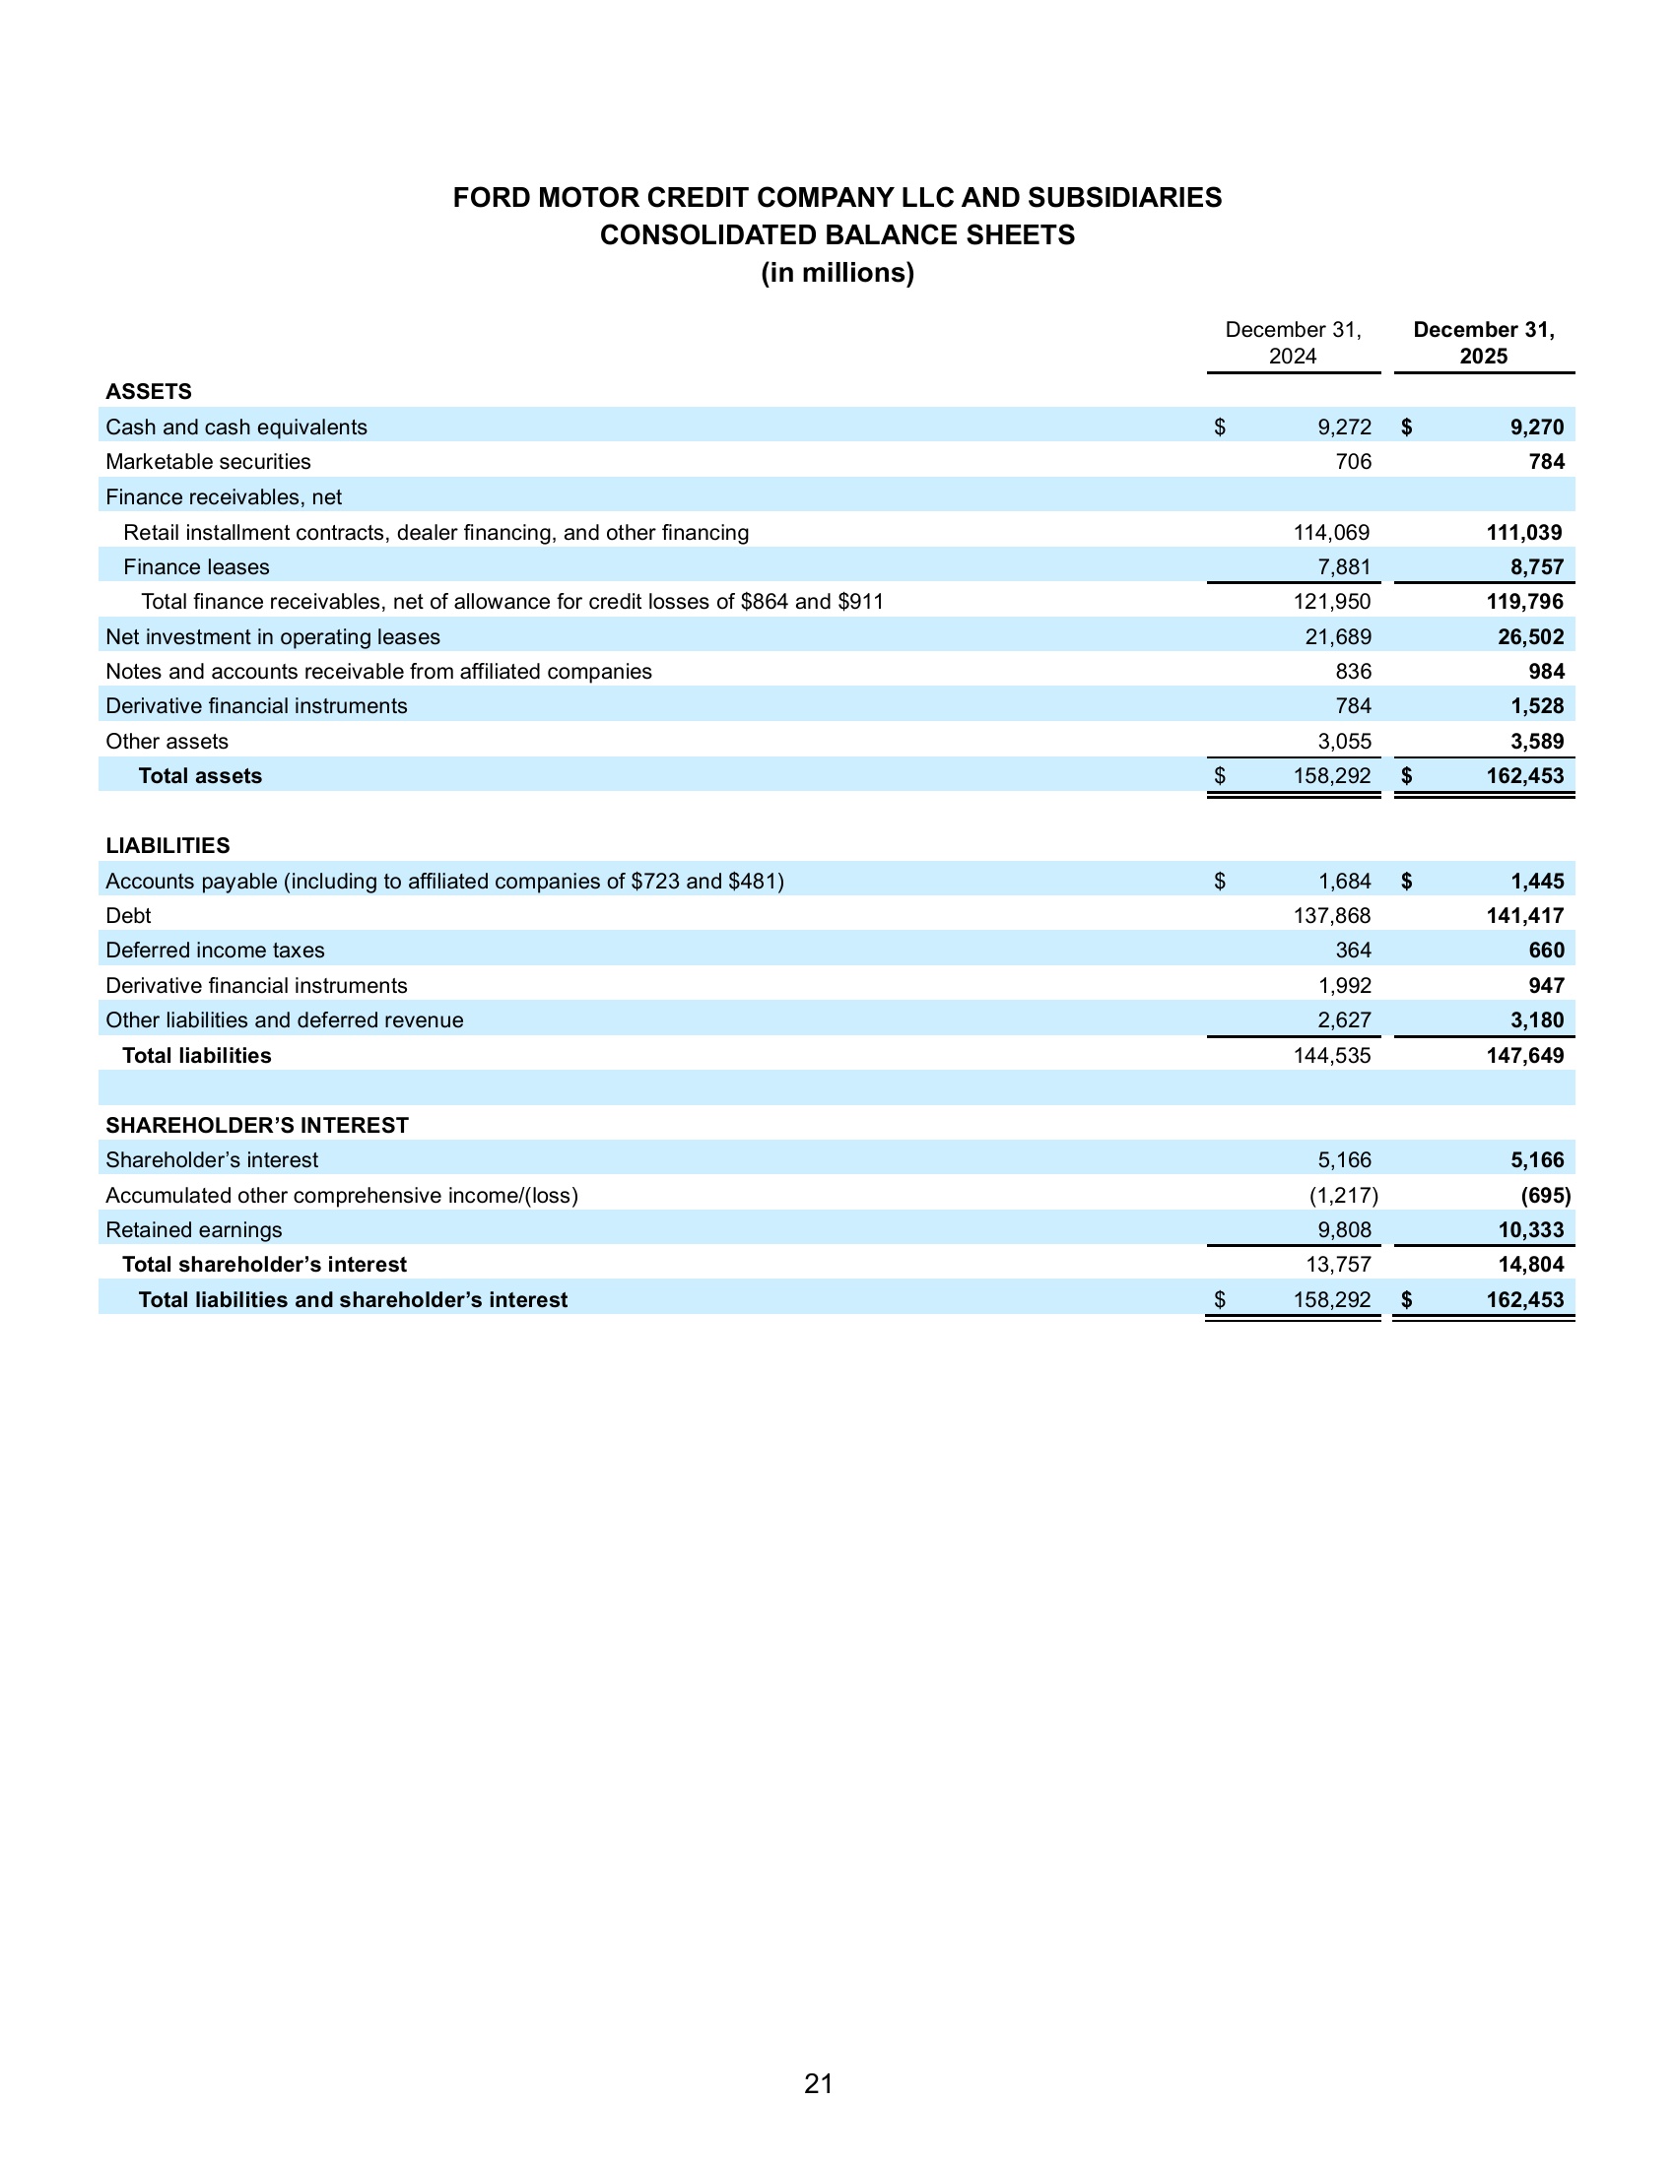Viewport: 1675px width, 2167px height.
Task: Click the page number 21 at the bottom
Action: click(818, 2083)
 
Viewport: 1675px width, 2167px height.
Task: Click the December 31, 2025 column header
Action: click(1484, 344)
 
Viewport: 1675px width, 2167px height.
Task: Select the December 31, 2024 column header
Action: click(1293, 344)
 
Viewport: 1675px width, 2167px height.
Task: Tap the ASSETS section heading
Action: click(149, 391)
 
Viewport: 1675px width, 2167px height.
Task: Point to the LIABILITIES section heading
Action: click(167, 845)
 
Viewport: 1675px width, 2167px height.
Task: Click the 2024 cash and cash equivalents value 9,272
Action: click(1345, 427)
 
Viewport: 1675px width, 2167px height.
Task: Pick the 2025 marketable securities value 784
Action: click(1546, 462)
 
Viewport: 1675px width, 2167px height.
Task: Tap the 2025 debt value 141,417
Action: click(1525, 916)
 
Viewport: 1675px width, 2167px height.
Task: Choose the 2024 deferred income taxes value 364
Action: click(1354, 951)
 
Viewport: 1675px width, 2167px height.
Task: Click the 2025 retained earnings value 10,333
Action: click(1530, 1230)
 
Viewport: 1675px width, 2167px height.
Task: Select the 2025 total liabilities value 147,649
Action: click(1525, 1056)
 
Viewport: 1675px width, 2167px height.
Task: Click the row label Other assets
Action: click(167, 741)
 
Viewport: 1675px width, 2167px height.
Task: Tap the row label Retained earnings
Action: click(193, 1230)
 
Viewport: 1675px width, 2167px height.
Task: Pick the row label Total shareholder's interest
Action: click(264, 1265)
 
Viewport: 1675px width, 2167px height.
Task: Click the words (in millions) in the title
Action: click(837, 273)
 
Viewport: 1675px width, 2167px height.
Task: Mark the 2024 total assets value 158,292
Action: click(1332, 776)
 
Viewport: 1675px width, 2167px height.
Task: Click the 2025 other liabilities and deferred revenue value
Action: click(1536, 1021)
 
